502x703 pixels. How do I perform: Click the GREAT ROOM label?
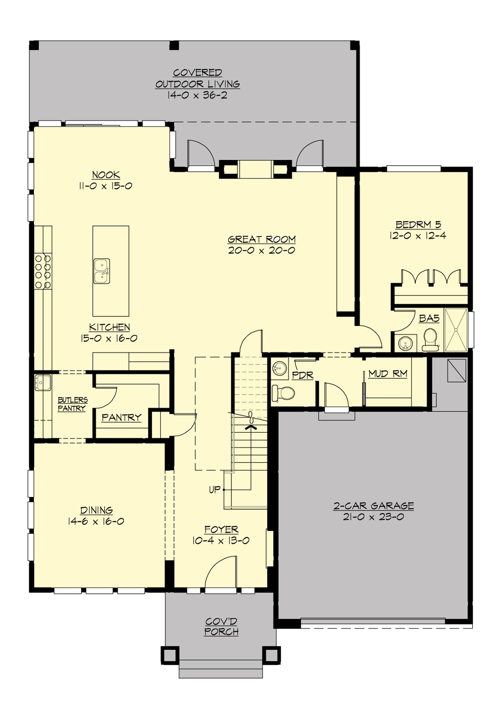tap(262, 239)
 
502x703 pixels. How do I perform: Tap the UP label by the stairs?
tap(214, 489)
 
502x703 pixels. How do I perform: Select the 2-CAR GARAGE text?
tap(373, 505)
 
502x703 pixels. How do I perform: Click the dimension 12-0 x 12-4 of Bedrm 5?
tap(418, 236)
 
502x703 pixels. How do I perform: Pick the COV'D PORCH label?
tap(221, 626)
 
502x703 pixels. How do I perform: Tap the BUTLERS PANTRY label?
tap(72, 404)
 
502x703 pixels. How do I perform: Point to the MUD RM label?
tap(387, 374)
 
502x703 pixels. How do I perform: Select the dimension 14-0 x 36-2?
tap(197, 95)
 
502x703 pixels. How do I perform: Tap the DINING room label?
tap(97, 510)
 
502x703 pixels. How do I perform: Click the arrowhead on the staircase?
tap(251, 427)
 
